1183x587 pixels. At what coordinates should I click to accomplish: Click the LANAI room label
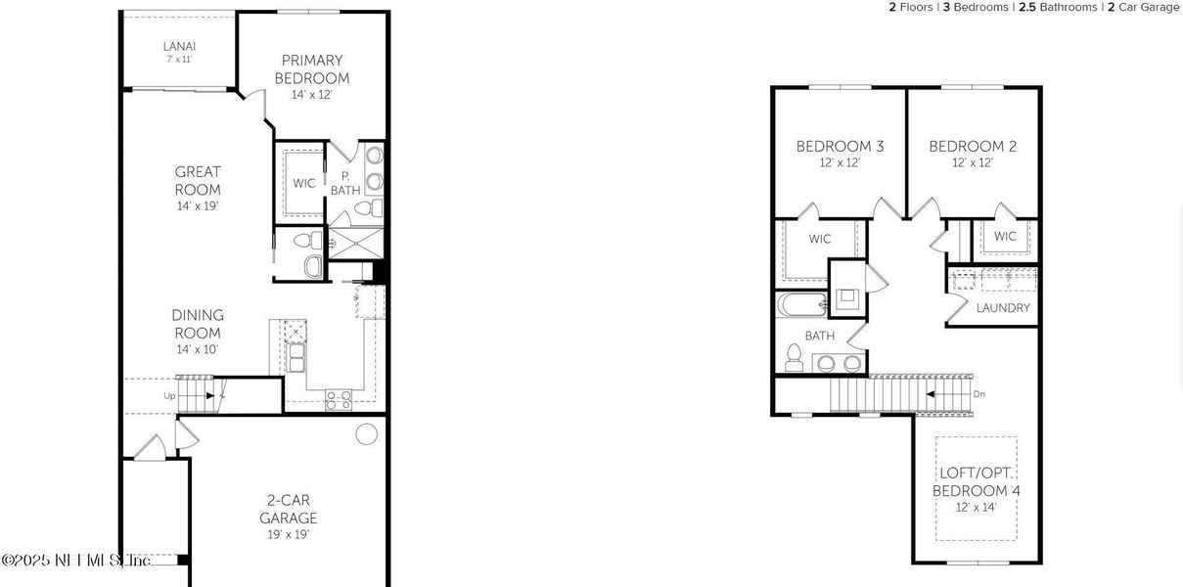click(179, 45)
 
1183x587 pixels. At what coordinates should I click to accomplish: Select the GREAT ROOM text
click(198, 181)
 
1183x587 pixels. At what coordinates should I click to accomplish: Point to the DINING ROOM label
click(198, 324)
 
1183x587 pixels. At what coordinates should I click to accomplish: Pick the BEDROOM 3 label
click(840, 147)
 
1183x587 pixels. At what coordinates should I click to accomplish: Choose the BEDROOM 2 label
click(973, 147)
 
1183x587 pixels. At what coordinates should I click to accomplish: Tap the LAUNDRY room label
click(1003, 307)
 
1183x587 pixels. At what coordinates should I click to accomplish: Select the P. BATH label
click(344, 183)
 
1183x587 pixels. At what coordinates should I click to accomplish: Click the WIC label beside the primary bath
click(303, 183)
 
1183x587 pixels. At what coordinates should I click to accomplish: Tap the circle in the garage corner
click(366, 432)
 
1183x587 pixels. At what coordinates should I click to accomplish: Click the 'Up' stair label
click(169, 396)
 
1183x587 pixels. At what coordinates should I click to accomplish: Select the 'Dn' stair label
click(979, 394)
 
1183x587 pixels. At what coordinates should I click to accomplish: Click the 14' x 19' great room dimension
click(198, 206)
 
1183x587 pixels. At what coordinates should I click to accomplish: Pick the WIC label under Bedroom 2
click(1005, 236)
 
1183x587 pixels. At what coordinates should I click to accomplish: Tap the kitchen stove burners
click(339, 399)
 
